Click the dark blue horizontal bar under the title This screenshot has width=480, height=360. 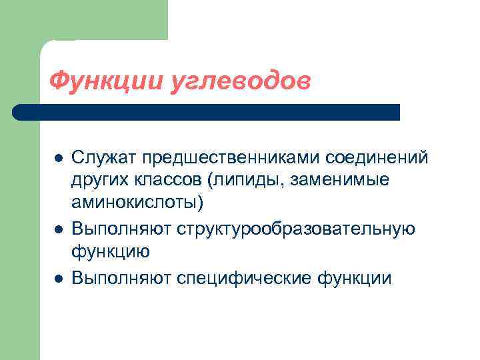207,112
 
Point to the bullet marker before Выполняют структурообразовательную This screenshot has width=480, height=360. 59,230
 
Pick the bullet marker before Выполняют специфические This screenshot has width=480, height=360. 59,278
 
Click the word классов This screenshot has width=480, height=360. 168,181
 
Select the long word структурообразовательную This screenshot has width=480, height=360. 296,230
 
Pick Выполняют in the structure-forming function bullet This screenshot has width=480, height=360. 122,230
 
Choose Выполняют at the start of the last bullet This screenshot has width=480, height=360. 122,278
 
